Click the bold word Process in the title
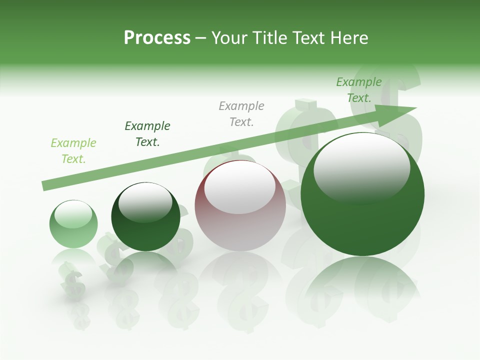[x=157, y=38]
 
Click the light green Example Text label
[x=73, y=151]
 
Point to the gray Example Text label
[x=241, y=114]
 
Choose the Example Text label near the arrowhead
[x=359, y=90]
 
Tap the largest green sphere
[x=362, y=220]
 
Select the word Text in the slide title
[x=307, y=38]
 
